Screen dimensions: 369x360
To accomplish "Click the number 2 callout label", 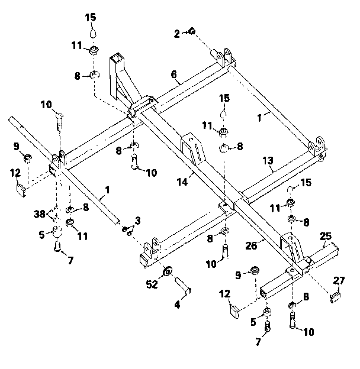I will pyautogui.click(x=177, y=34).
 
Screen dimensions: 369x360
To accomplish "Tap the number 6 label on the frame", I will pyautogui.click(x=173, y=75).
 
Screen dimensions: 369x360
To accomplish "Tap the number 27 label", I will pyautogui.click(x=339, y=280).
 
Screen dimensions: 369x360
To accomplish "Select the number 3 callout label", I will pyautogui.click(x=137, y=220).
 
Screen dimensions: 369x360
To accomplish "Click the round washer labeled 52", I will pyautogui.click(x=168, y=271).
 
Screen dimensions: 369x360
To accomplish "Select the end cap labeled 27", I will pyautogui.click(x=335, y=296).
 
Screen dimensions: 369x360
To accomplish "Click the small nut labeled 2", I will pyautogui.click(x=193, y=31).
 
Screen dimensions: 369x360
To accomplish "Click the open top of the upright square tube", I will pyautogui.click(x=117, y=58).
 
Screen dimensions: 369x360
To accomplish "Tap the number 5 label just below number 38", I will pyautogui.click(x=41, y=234).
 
